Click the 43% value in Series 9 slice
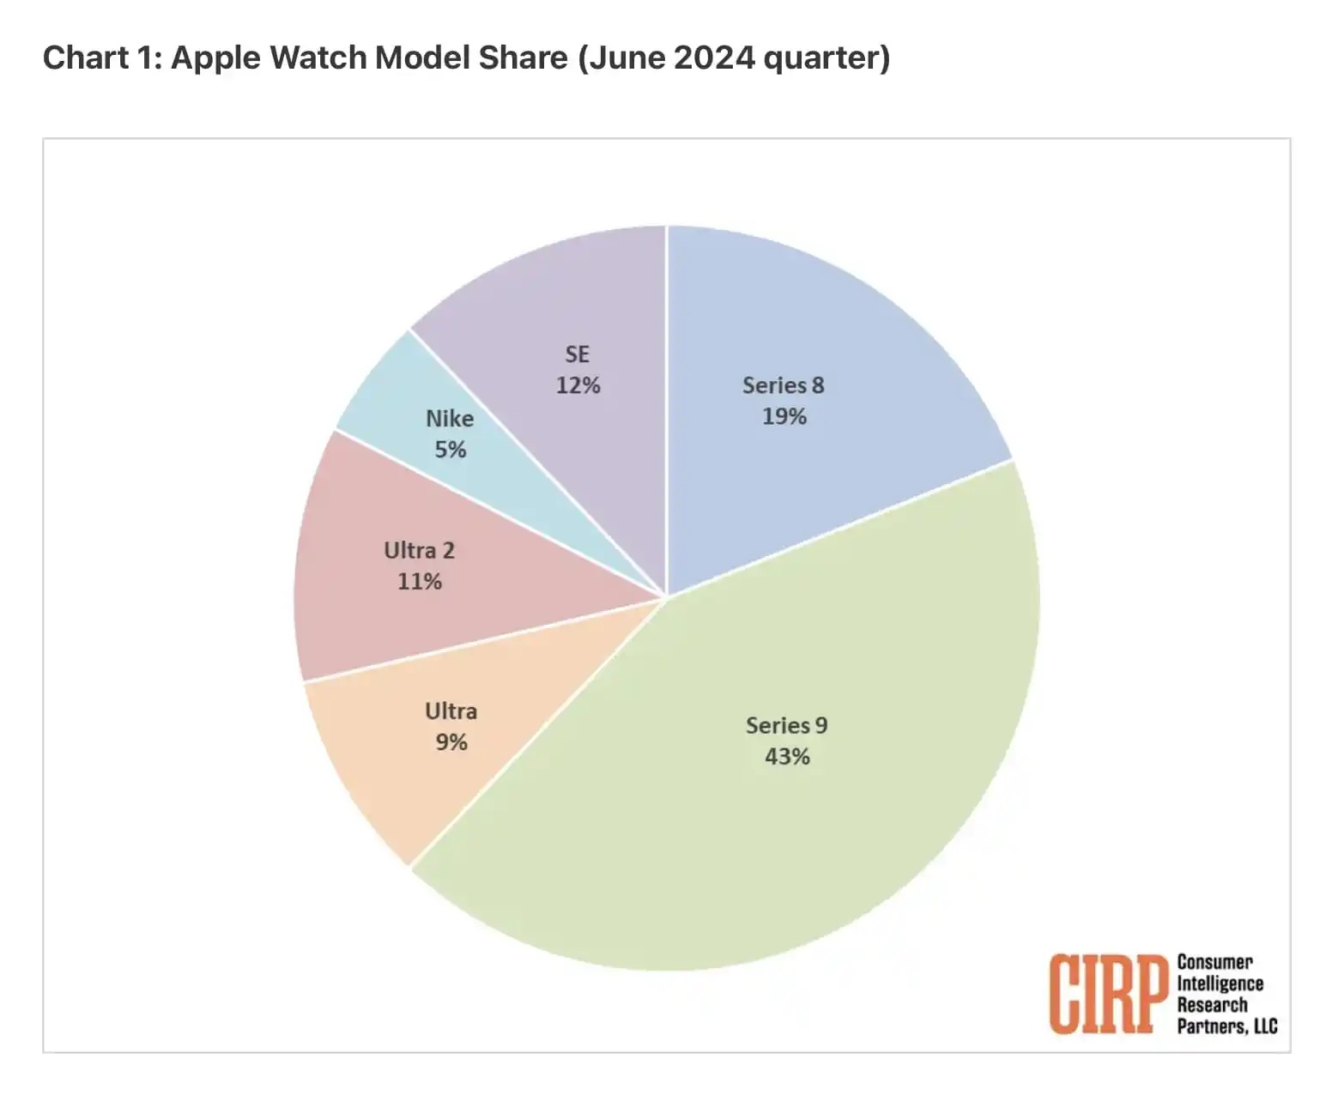787,756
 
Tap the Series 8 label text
783,385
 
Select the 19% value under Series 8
784,416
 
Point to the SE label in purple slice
577,354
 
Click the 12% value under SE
578,385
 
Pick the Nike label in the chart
450,418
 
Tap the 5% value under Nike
450,449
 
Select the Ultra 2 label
419,550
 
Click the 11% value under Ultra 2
419,581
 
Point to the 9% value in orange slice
451,741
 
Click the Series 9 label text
786,725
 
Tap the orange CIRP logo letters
1109,995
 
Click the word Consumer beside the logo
1214,962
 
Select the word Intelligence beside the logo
1220,983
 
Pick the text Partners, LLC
1226,1025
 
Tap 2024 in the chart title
713,57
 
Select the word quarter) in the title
826,57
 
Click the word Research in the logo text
1212,1004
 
